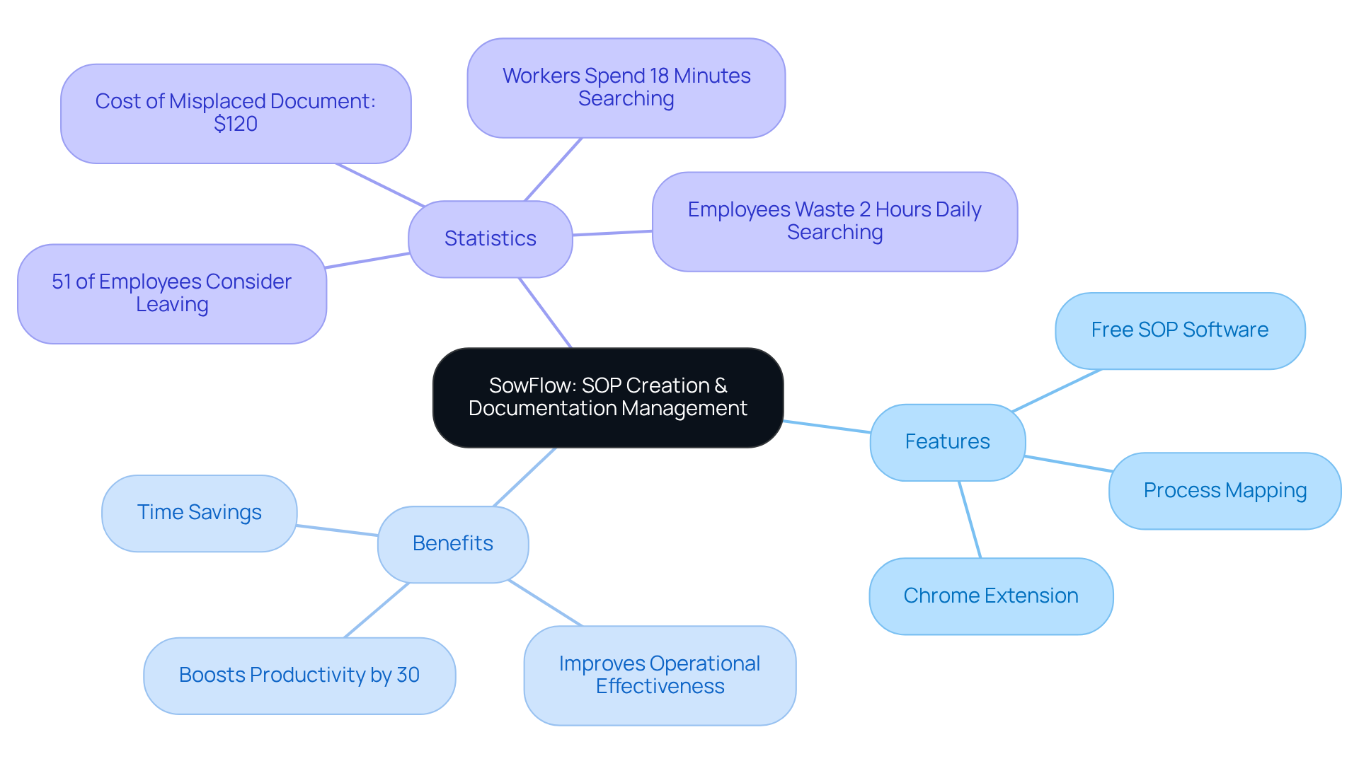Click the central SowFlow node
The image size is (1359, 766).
(x=607, y=397)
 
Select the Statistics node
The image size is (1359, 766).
(x=490, y=239)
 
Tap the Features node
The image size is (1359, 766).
(x=947, y=442)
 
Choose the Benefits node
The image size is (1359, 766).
(x=452, y=544)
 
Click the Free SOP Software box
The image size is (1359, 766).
(x=1179, y=330)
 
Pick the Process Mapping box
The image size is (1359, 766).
(x=1225, y=491)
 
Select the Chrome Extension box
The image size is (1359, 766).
(x=990, y=596)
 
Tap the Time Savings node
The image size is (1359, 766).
(x=199, y=513)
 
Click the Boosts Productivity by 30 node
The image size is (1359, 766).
(x=299, y=675)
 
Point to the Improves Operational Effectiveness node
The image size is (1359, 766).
(x=659, y=675)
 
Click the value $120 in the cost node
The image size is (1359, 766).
(x=236, y=124)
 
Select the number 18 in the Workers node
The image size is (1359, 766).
(x=659, y=76)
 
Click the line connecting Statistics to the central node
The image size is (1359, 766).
(x=545, y=313)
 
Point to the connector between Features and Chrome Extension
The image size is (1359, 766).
(x=970, y=520)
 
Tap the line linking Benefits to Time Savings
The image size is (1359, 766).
(x=337, y=530)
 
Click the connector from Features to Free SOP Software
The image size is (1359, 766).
(x=1057, y=390)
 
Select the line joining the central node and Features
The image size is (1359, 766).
(x=827, y=426)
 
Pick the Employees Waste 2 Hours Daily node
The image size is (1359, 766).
(x=834, y=221)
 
